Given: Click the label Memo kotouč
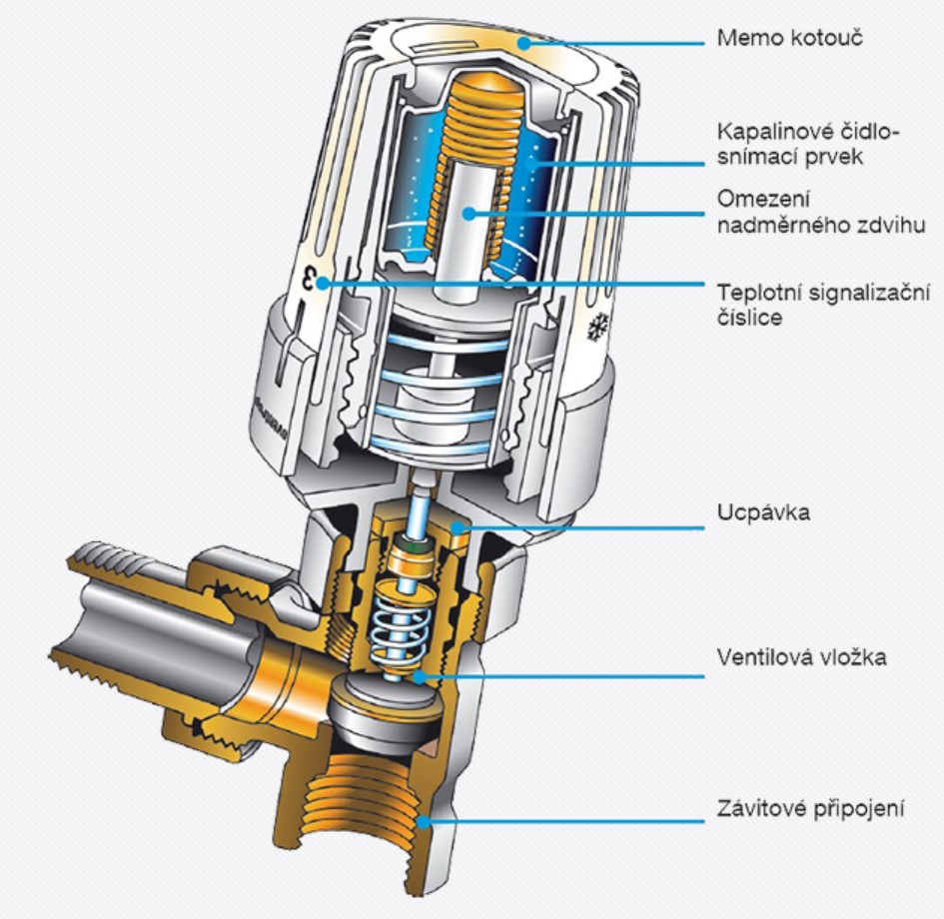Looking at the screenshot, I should click(x=775, y=40).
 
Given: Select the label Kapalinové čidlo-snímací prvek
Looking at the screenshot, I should click(x=808, y=146).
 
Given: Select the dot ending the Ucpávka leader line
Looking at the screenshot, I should click(x=456, y=523).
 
